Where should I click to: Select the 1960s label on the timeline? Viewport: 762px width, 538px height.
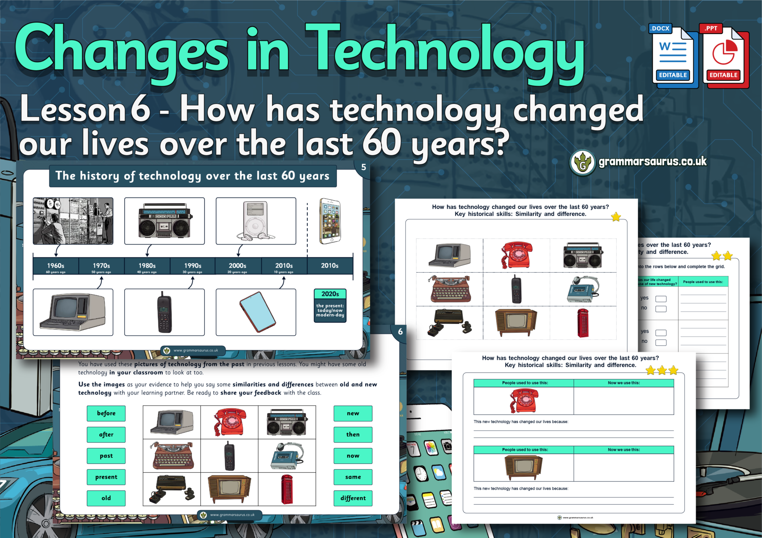(55, 266)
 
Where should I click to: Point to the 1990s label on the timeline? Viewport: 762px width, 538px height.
(192, 266)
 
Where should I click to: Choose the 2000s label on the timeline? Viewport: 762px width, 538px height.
(237, 266)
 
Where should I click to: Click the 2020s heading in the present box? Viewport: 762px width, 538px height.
(330, 294)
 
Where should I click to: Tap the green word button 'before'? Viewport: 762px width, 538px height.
(106, 413)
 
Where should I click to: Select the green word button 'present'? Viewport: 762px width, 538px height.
(106, 477)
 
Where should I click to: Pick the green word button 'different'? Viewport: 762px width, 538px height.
(353, 498)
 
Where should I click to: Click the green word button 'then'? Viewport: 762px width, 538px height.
(353, 434)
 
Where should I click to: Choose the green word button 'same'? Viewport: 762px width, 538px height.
(353, 477)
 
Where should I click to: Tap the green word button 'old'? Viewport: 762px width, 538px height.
(106, 498)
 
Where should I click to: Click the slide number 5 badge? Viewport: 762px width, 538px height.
(364, 167)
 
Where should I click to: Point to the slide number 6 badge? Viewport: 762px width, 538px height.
(400, 331)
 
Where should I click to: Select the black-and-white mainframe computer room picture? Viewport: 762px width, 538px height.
(73, 221)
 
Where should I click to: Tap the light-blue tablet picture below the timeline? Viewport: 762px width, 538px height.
(257, 312)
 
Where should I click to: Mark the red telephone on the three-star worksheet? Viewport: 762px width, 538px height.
(524, 401)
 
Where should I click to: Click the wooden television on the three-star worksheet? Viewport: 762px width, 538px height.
(524, 467)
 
